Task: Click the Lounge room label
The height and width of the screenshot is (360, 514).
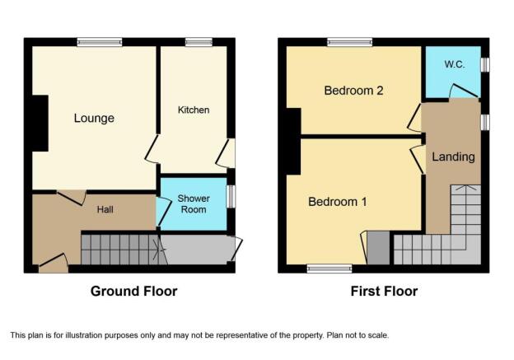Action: click(x=94, y=118)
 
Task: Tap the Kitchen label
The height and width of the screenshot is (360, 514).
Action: click(x=194, y=110)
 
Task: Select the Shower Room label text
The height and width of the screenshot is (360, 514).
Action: click(x=194, y=204)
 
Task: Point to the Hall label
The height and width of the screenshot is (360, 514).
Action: click(x=105, y=209)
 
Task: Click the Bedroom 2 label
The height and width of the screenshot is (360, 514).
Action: click(x=353, y=91)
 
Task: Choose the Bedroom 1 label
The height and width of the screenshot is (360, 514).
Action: click(x=338, y=202)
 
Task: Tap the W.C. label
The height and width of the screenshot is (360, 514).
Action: click(x=455, y=64)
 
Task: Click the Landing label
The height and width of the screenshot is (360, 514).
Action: click(x=453, y=157)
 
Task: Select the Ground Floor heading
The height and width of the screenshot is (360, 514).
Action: click(x=133, y=291)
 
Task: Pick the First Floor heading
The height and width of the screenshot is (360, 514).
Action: click(x=384, y=291)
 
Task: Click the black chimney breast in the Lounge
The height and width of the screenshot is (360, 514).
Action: click(x=40, y=124)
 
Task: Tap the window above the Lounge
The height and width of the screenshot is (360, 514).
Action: click(x=100, y=42)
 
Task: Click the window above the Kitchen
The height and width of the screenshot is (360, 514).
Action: click(x=199, y=42)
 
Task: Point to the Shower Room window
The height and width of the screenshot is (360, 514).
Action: click(x=231, y=196)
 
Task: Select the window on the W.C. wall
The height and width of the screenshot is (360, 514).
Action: click(x=485, y=64)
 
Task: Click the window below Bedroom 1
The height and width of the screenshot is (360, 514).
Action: click(x=329, y=269)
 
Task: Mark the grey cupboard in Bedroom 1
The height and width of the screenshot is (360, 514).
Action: click(x=378, y=247)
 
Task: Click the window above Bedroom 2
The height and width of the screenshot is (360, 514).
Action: click(x=350, y=42)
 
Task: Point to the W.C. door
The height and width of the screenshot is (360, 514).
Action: click(x=463, y=91)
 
